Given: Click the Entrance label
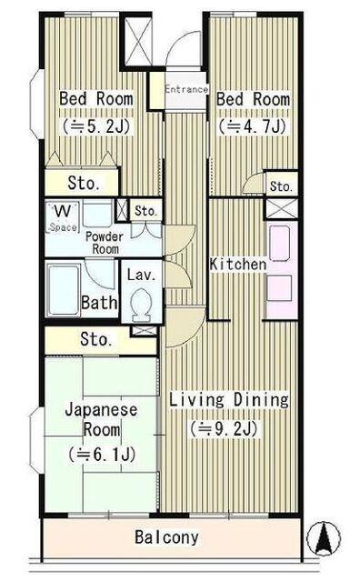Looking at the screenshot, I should tap(186, 89).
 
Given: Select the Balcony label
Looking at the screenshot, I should tap(166, 537).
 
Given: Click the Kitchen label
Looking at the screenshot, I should tap(237, 265).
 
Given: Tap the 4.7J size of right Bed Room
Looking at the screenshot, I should tap(253, 125).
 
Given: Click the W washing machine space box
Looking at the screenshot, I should tap(63, 216).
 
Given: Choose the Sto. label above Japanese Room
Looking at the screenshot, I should tap(95, 340).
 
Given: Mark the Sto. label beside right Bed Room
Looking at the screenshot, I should tap(281, 186).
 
